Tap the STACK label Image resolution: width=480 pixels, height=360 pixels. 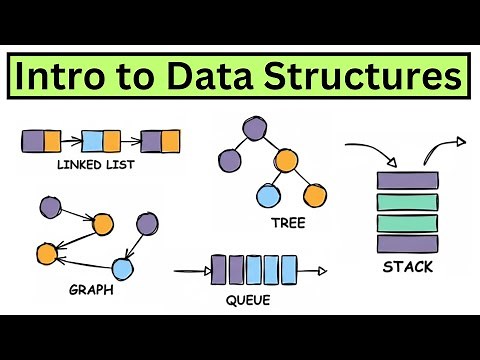(408, 268)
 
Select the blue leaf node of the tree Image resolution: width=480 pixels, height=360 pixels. (267, 195)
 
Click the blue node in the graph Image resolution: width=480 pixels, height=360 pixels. (122, 267)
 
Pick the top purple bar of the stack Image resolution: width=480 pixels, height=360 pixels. (408, 181)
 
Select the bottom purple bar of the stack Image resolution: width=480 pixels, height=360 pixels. (408, 242)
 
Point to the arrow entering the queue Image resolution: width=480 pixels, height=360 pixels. (190, 269)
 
